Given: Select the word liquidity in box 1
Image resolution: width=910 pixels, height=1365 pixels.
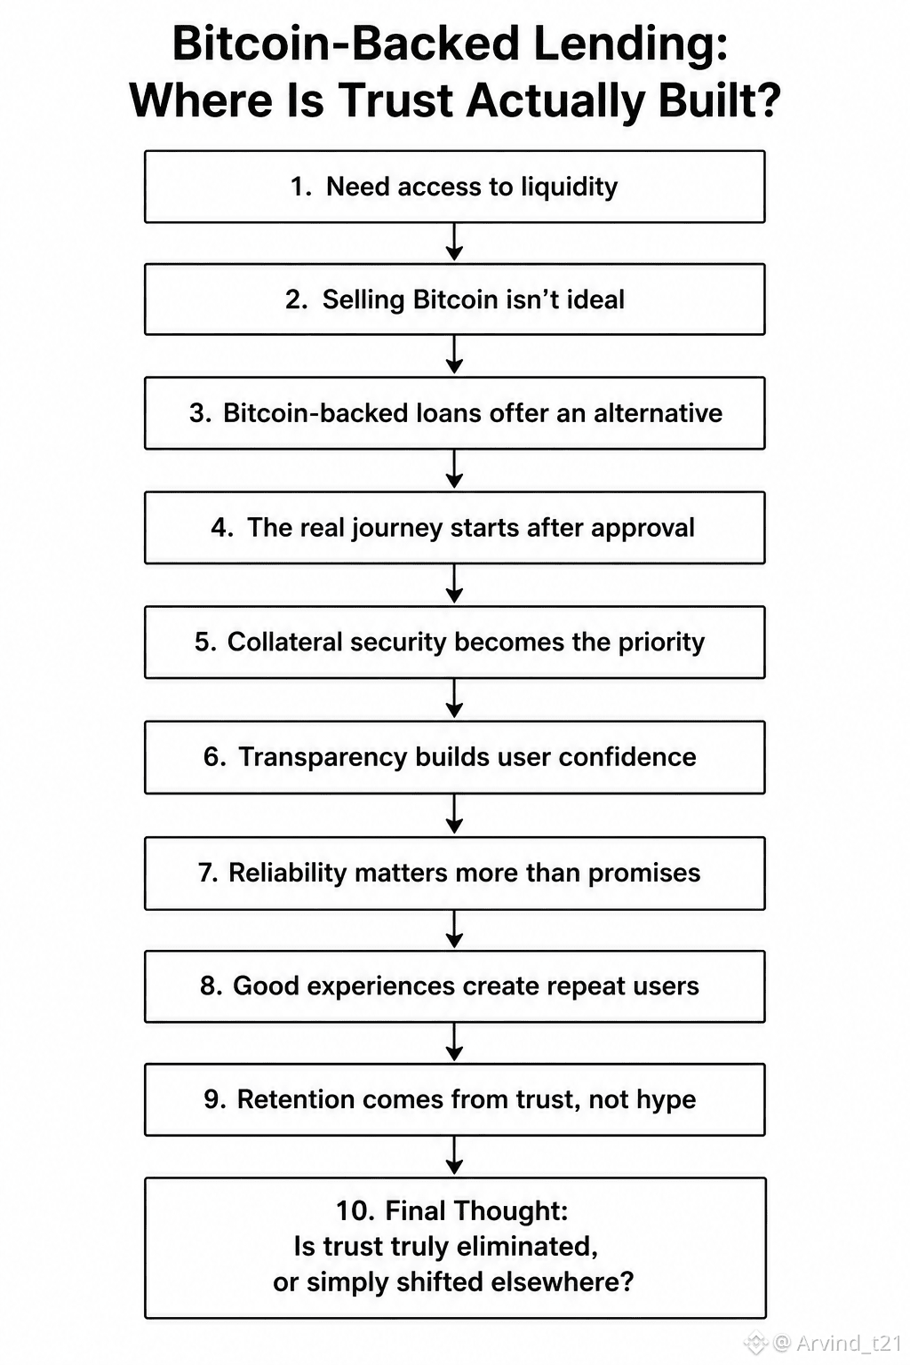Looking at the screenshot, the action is (570, 188).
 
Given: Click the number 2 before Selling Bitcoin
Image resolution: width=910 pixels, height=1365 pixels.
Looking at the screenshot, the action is (296, 299).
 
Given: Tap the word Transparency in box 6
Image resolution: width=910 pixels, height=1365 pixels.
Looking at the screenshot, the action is (323, 758).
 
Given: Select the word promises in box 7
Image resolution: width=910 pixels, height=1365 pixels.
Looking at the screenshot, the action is (644, 874).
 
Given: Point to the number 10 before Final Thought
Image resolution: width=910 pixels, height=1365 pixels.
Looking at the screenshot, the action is (355, 1211).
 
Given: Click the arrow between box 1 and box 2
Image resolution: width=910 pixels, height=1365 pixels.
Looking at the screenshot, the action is (454, 242).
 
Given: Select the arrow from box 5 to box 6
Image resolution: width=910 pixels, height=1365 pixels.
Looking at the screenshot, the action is (454, 698).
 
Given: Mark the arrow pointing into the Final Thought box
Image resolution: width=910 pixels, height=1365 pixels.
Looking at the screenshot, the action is (454, 1156).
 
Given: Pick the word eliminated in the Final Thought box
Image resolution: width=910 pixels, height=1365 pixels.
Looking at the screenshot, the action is (527, 1247).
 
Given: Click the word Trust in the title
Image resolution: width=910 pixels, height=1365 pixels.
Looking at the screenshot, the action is (395, 100).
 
